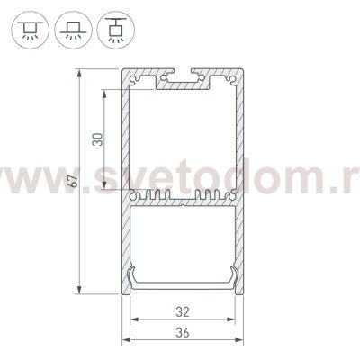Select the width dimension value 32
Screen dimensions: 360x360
[x=183, y=313]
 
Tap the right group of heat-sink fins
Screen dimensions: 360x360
[x=209, y=196]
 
